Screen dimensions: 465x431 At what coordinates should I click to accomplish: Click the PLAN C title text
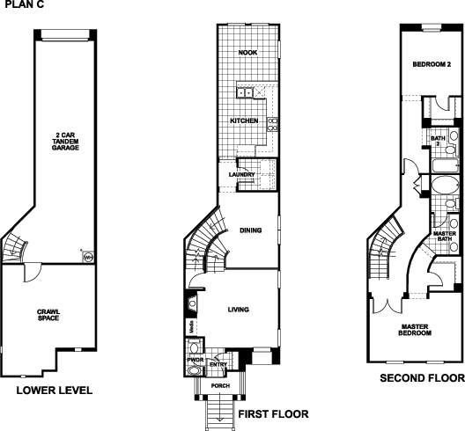(25, 4)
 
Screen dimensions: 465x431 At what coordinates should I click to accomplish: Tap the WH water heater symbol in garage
(88, 257)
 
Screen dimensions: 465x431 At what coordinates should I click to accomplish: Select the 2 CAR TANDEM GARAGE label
(65, 142)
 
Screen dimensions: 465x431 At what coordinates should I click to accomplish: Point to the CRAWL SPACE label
(48, 315)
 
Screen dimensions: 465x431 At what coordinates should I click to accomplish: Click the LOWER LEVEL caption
(55, 391)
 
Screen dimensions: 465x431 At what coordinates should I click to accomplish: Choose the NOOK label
(248, 53)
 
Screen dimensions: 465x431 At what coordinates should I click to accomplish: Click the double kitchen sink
(245, 92)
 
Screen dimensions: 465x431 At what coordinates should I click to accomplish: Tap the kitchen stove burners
(273, 124)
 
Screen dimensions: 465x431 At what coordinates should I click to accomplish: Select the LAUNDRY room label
(241, 174)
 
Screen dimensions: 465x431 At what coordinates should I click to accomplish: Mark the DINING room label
(251, 230)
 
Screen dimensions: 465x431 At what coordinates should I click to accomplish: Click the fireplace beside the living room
(192, 303)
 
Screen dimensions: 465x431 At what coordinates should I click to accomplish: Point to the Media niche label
(192, 326)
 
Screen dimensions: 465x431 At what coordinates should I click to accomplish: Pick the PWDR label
(196, 360)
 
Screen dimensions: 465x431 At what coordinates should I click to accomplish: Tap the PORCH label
(220, 385)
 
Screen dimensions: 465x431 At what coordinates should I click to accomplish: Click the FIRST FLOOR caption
(273, 413)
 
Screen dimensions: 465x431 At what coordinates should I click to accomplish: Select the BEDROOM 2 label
(432, 64)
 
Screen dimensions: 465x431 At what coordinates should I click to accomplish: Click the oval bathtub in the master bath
(444, 186)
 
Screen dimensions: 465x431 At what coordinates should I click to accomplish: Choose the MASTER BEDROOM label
(415, 330)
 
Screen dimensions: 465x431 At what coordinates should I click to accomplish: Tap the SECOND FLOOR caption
(423, 378)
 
